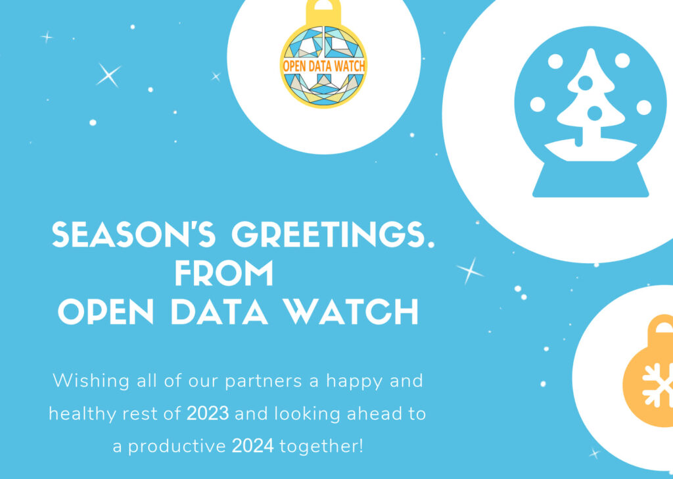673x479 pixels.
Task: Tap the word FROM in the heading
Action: click(223, 274)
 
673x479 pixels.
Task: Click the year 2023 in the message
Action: click(208, 414)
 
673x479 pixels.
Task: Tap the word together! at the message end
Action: click(321, 447)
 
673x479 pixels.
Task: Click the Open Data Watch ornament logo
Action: click(323, 66)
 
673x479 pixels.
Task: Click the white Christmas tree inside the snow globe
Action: click(588, 99)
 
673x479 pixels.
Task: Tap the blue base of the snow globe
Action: click(590, 181)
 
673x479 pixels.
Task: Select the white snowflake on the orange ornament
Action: click(657, 385)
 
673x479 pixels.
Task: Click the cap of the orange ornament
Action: click(661, 329)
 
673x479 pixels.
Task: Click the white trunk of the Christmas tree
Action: click(578, 137)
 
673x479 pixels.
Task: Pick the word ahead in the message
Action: click(361, 414)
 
